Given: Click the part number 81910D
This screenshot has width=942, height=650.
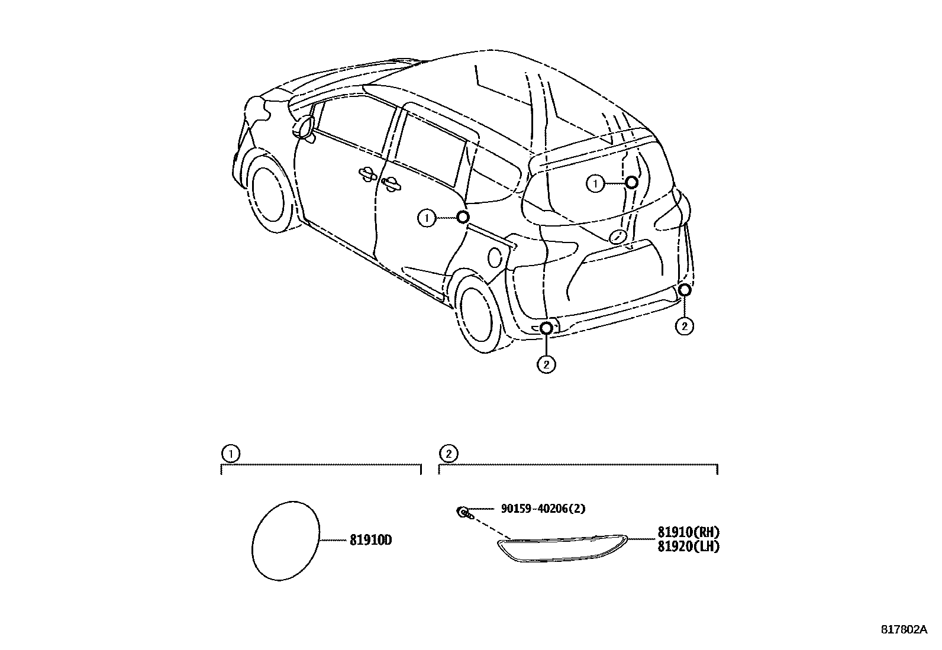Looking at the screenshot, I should (371, 541).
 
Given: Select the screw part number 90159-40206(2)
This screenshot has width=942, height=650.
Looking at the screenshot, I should (543, 509).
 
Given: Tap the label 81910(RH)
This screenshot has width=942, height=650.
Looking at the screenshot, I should (688, 532).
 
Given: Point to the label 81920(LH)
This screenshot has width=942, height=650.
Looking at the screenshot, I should (688, 546).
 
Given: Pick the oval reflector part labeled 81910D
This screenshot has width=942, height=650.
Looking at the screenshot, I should (286, 541).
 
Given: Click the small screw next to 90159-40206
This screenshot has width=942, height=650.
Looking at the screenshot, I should (463, 512).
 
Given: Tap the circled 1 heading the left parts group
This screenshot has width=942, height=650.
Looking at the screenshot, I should (230, 454).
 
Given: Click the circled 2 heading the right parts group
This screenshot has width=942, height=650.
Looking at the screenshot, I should (448, 454).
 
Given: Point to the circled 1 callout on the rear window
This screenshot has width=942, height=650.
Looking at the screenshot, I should (595, 184).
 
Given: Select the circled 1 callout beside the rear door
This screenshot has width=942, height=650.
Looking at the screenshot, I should (425, 218).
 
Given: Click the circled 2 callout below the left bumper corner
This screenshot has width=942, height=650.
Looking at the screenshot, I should (546, 364).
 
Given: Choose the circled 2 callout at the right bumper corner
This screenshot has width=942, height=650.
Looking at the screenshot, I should (684, 326).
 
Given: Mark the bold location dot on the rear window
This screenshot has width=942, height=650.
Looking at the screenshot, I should (631, 182).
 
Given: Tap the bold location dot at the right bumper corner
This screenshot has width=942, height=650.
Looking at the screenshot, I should (684, 290).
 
